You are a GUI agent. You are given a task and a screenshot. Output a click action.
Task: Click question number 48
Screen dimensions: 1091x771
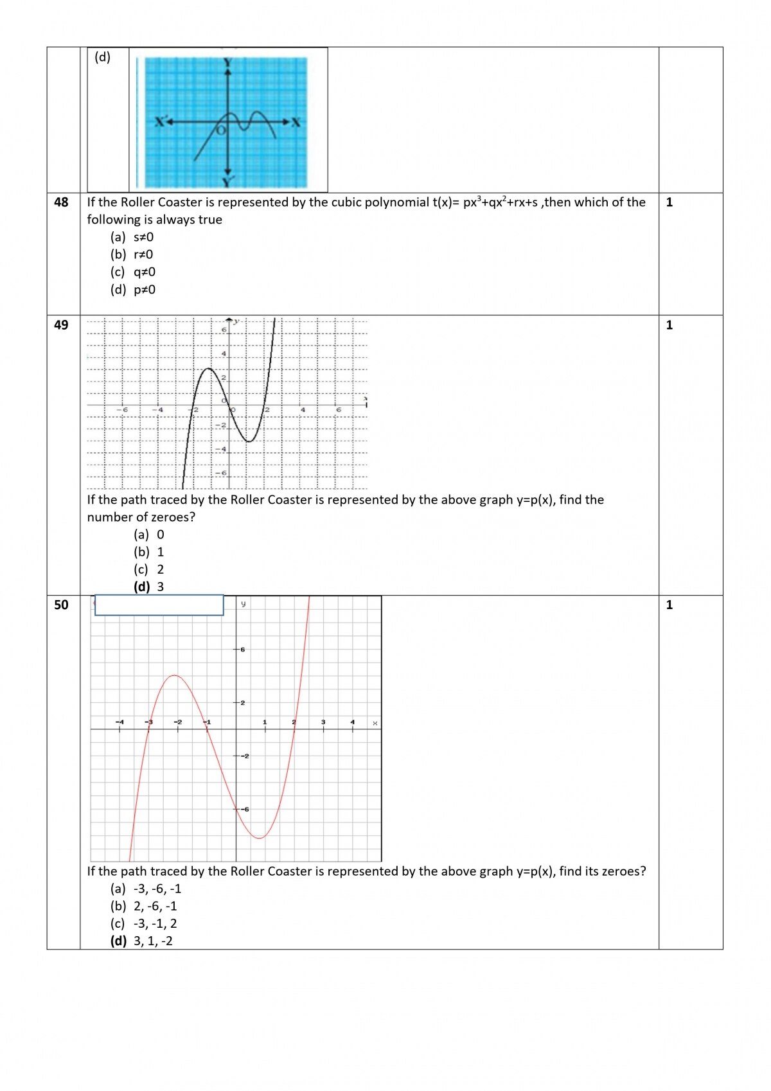pyautogui.click(x=61, y=202)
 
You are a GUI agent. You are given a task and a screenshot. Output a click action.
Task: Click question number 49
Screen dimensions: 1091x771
pyautogui.click(x=61, y=325)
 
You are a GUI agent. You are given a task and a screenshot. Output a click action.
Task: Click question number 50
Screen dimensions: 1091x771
pyautogui.click(x=61, y=605)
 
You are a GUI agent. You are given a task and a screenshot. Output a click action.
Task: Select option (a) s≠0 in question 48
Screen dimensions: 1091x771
pyautogui.click(x=132, y=237)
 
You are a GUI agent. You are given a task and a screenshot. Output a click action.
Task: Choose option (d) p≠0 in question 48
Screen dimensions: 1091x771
pyautogui.click(x=133, y=290)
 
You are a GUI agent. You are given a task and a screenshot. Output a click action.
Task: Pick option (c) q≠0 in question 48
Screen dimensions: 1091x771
pyautogui.click(x=133, y=272)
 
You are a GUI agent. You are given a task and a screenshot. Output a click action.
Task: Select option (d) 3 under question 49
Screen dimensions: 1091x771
pyautogui.click(x=149, y=587)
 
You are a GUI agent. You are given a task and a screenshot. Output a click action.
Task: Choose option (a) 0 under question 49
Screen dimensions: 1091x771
pyautogui.click(x=149, y=535)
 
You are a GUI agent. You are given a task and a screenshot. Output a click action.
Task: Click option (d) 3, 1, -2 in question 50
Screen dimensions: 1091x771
pyautogui.click(x=142, y=941)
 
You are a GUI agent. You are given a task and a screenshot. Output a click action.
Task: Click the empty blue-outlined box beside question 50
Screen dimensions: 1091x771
pyautogui.click(x=159, y=605)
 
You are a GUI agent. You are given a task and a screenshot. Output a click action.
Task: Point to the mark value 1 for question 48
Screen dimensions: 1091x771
pyautogui.click(x=669, y=202)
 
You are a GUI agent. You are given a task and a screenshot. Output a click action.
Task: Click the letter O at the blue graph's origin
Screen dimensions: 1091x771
pyautogui.click(x=221, y=130)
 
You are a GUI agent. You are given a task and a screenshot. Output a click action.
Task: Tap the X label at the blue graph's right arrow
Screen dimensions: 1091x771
pyautogui.click(x=296, y=122)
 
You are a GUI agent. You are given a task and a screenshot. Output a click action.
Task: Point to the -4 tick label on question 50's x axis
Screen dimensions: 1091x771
pyautogui.click(x=120, y=722)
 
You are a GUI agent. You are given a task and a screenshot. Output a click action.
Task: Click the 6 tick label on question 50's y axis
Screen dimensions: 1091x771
pyautogui.click(x=242, y=650)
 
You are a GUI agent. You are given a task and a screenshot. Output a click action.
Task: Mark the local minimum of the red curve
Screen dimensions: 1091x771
pyautogui.click(x=259, y=838)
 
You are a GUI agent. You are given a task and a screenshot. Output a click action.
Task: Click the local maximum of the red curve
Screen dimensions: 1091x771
pyautogui.click(x=175, y=675)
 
